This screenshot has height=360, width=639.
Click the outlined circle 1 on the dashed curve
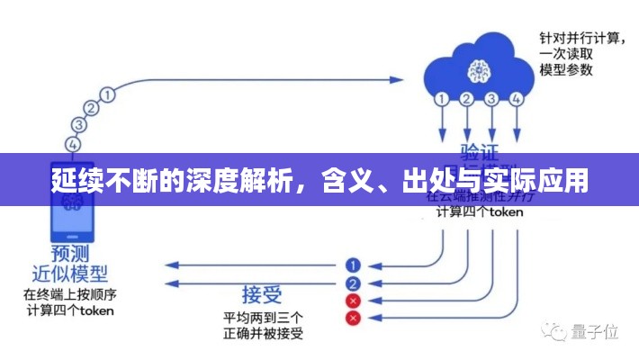click(108, 93)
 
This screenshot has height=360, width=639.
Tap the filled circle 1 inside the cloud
click(442, 99)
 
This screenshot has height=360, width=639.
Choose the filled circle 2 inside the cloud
click(466, 99)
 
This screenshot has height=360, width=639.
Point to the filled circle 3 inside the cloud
click(490, 99)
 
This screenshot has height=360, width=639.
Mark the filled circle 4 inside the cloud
click(515, 99)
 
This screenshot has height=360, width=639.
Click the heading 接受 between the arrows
click(262, 293)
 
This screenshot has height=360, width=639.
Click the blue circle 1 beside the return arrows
click(353, 265)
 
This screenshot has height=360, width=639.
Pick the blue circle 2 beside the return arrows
click(353, 283)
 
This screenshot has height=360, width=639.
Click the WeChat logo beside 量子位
click(556, 332)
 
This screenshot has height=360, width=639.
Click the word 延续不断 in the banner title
click(92, 181)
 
